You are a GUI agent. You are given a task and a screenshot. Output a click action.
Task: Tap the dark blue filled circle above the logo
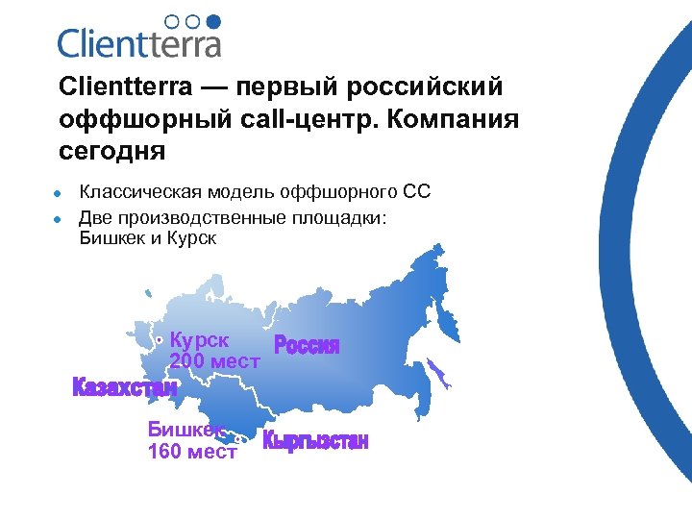pyautogui.click(x=213, y=20)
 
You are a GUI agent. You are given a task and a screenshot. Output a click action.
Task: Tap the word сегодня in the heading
pyautogui.click(x=111, y=152)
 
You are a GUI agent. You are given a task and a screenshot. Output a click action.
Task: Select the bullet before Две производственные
pyautogui.click(x=59, y=219)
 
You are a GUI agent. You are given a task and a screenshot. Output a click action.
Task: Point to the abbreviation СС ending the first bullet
pyautogui.click(x=416, y=194)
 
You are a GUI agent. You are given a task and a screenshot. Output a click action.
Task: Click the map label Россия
pyautogui.click(x=308, y=346)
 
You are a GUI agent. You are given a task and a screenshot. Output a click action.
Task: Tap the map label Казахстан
pyautogui.click(x=125, y=388)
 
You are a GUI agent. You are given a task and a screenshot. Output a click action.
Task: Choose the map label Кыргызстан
pyautogui.click(x=316, y=442)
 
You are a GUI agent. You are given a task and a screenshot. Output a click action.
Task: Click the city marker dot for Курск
pyautogui.click(x=159, y=339)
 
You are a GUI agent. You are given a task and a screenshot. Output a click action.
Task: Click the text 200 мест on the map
pyautogui.click(x=215, y=362)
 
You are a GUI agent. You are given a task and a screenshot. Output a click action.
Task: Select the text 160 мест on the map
pyautogui.click(x=192, y=452)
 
